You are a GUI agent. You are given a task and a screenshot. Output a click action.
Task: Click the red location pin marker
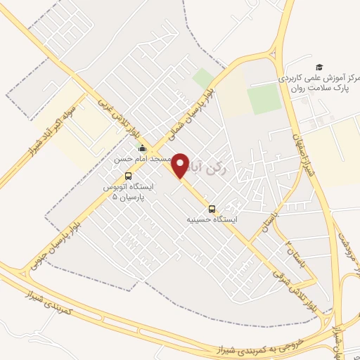pyautogui.click(x=181, y=165)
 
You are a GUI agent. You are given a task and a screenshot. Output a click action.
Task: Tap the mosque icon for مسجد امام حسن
pyautogui.click(x=143, y=148)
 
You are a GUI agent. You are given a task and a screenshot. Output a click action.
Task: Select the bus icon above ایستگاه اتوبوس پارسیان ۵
pyautogui.click(x=128, y=176)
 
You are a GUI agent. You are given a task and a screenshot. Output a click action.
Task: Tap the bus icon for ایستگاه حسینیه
pyautogui.click(x=212, y=209)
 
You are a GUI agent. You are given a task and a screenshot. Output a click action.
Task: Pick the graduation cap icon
pyautogui.click(x=320, y=66)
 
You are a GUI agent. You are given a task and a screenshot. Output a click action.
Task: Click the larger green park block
pyautogui.click(x=264, y=101)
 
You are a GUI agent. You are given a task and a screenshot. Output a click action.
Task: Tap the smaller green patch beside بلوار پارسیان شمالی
pyautogui.click(x=204, y=79)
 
